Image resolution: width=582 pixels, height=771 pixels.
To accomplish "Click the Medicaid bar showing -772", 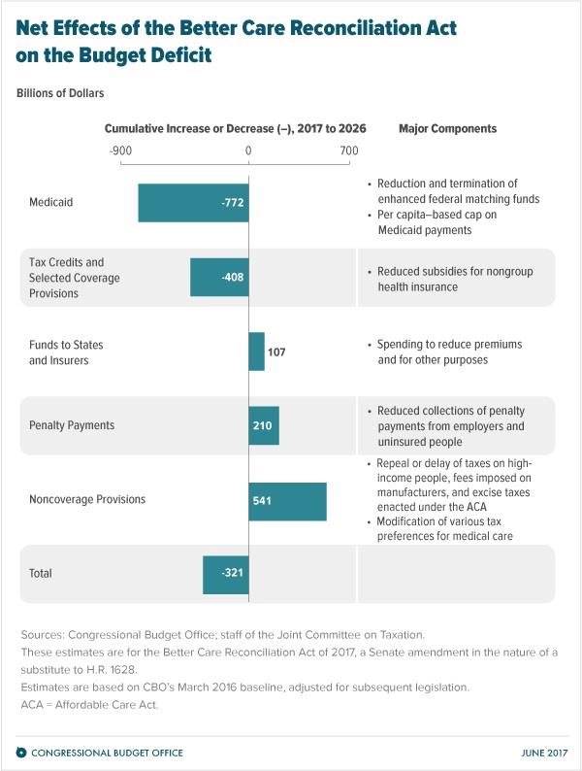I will [193, 203].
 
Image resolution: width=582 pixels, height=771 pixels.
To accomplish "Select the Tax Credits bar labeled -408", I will [219, 277].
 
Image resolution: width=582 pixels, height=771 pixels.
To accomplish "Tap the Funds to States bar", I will [256, 352].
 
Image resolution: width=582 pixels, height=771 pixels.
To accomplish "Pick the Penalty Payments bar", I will [264, 425].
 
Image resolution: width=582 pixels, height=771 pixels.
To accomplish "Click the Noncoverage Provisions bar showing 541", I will [287, 500].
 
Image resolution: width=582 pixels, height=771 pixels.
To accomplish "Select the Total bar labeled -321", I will [225, 574].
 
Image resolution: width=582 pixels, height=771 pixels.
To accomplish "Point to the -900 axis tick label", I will [120, 151].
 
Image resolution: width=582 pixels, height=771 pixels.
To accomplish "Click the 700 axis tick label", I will [349, 151].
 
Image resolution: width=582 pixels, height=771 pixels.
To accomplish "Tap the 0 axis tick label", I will [248, 151].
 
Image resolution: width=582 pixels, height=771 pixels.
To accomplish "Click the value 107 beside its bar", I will [277, 352].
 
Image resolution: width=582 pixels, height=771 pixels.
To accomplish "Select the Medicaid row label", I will [50, 203].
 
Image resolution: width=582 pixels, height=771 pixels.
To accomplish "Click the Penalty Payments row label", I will [72, 425].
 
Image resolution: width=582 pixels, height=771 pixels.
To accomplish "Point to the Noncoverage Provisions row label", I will [88, 499].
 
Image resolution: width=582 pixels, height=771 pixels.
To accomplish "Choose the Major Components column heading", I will [447, 128].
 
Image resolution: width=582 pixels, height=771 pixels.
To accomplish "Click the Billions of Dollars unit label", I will [59, 93].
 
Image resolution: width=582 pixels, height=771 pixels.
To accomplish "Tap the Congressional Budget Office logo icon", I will [21, 753].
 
